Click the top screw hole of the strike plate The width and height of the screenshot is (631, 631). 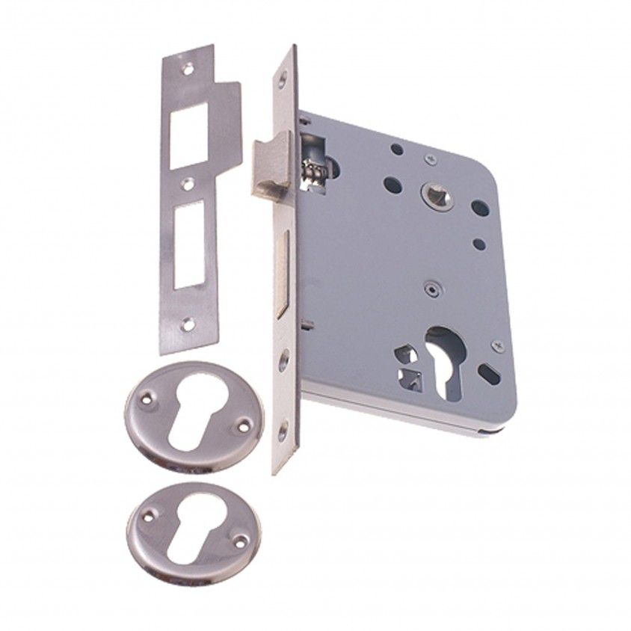click(188, 69)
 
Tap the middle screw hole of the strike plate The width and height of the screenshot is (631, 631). click(189, 182)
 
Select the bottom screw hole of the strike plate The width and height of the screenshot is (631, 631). click(188, 324)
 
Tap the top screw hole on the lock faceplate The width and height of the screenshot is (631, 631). click(283, 79)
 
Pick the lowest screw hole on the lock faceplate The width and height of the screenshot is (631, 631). click(283, 430)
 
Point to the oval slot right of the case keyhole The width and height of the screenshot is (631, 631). click(490, 375)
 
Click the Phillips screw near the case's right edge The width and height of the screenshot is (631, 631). click(498, 346)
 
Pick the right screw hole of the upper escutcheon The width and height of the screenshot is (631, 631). click(241, 426)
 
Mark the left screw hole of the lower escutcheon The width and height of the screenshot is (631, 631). click(148, 514)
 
